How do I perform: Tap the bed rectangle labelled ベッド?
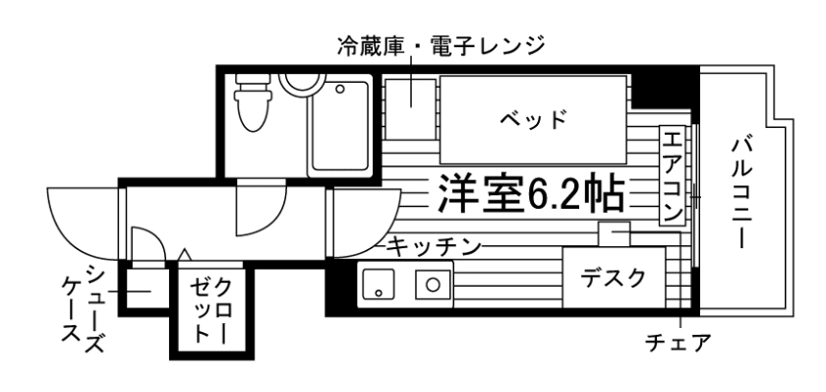tap(532, 119)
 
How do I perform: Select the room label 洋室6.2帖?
tap(530, 194)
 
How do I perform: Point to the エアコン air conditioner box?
tap(674, 174)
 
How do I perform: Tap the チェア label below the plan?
tap(677, 344)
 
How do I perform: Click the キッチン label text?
tap(433, 245)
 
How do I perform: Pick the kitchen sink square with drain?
tap(432, 287)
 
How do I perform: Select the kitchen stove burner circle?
tap(378, 288)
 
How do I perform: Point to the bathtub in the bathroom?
tap(340, 129)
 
